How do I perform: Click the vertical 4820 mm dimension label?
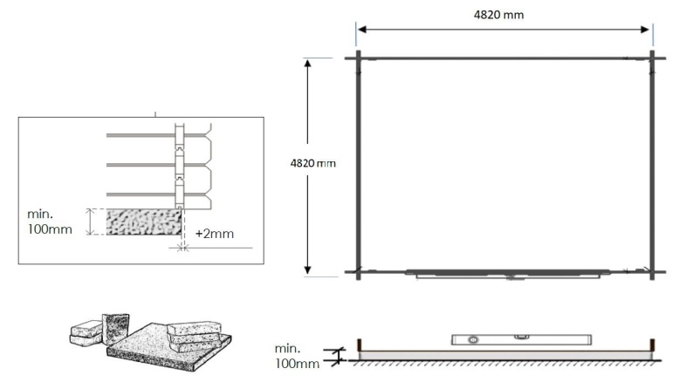coord(312,163)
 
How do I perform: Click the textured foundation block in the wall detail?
coord(144,222)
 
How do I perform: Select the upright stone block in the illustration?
coord(115,327)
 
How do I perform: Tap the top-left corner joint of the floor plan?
coord(358,58)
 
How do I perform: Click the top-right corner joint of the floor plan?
coord(652,58)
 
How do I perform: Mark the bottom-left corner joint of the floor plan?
coord(358,272)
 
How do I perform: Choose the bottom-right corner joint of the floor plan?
coord(652,272)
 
